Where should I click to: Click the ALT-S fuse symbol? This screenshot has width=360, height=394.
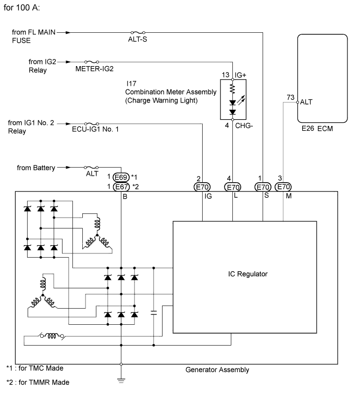pyautogui.click(x=138, y=32)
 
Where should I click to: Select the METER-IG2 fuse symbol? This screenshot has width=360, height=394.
pyautogui.click(x=92, y=62)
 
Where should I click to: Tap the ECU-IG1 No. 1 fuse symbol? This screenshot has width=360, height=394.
pyautogui.click(x=92, y=124)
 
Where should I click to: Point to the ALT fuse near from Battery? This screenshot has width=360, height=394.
pyautogui.click(x=91, y=168)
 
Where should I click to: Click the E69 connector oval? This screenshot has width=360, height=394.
pyautogui.click(x=121, y=177)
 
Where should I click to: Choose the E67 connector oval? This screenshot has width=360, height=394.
pyautogui.click(x=121, y=187)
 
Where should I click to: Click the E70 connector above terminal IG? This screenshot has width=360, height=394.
pyautogui.click(x=202, y=187)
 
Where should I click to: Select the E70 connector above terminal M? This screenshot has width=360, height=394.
pyautogui.click(x=283, y=187)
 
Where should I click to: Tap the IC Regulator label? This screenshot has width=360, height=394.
pyautogui.click(x=248, y=274)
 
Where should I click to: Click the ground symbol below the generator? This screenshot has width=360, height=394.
pyautogui.click(x=121, y=380)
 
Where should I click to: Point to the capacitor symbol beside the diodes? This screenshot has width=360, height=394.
pyautogui.click(x=154, y=313)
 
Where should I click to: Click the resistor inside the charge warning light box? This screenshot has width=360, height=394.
pyautogui.click(x=232, y=89)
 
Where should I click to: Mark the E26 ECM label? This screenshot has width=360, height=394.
pyautogui.click(x=317, y=129)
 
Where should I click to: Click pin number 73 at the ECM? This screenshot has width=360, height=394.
pyautogui.click(x=290, y=97)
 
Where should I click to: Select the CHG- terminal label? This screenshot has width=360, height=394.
pyautogui.click(x=244, y=125)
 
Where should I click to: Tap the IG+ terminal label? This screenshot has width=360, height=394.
pyautogui.click(x=241, y=75)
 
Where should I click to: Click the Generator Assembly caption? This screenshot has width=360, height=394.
pyautogui.click(x=217, y=370)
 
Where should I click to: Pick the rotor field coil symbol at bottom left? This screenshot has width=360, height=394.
pyautogui.click(x=52, y=336)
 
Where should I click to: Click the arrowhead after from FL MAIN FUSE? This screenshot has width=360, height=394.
pyautogui.click(x=67, y=32)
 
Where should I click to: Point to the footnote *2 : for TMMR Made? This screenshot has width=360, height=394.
pyautogui.click(x=38, y=383)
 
